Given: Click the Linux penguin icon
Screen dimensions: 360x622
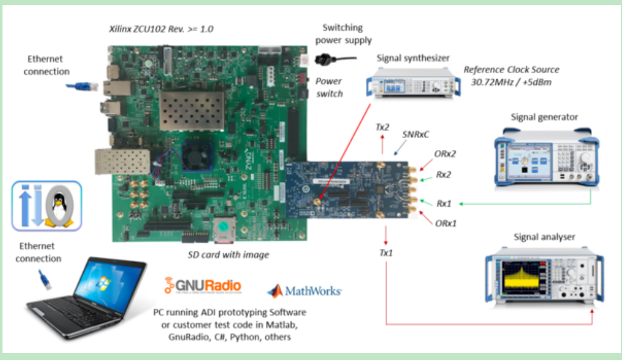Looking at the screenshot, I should coord(61,206).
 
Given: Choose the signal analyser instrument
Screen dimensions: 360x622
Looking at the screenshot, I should coord(544,274).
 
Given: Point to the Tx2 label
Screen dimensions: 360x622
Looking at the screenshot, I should coord(382,127).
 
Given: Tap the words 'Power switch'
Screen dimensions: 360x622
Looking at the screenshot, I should coord(328,87).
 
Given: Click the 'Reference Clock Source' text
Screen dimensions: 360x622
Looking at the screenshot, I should coord(511,69).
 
